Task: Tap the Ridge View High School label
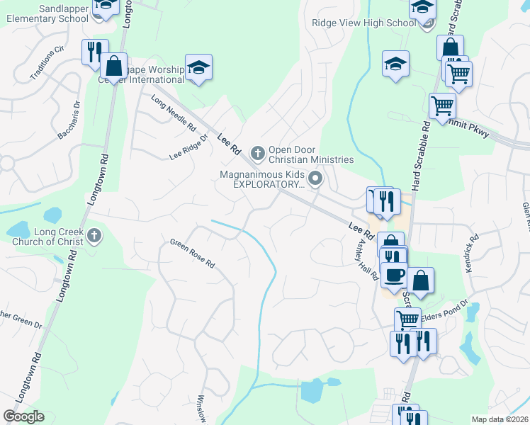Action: pos(363,23)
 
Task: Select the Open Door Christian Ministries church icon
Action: pos(257,151)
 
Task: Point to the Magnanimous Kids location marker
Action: pos(316,178)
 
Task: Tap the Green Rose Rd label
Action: pos(192,254)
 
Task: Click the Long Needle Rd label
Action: pos(174,113)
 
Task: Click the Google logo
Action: pos(23,416)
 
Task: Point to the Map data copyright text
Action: pos(500,419)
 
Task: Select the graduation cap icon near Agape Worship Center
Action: pos(199,67)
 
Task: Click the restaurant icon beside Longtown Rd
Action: pos(94,51)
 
